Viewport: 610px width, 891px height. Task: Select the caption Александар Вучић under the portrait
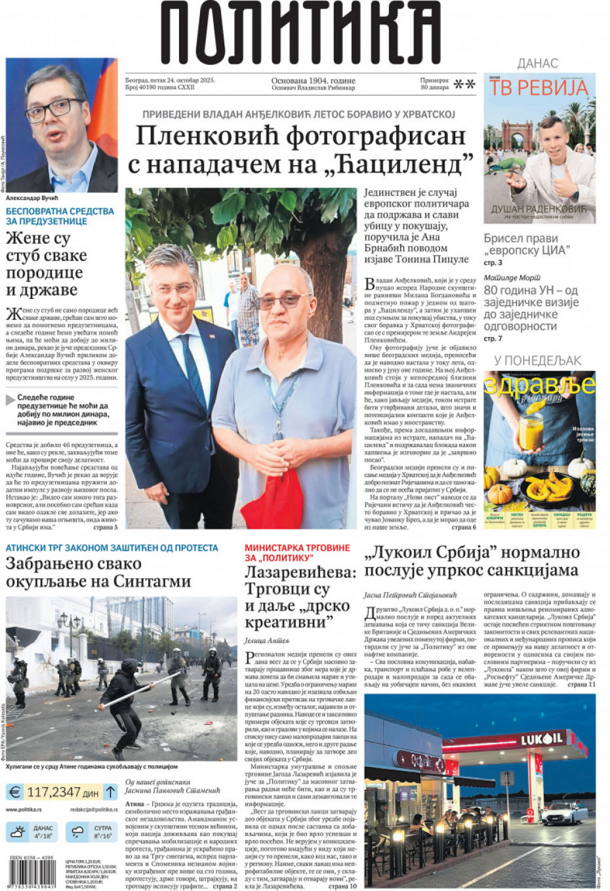[x=32, y=198]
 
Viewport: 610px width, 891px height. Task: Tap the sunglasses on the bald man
[x=283, y=301]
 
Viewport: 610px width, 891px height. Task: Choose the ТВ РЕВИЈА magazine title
[x=539, y=88]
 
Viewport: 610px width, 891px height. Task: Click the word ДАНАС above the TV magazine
[x=537, y=64]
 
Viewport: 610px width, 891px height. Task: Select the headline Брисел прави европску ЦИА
[x=527, y=244]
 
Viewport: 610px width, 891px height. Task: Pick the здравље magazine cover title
[x=539, y=385]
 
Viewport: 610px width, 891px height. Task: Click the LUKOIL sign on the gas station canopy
[x=541, y=739]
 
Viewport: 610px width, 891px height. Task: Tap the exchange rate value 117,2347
[x=54, y=792]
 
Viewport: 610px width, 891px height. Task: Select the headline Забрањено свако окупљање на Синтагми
[x=98, y=572]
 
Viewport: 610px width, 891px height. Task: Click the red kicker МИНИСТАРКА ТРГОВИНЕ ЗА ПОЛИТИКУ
[x=297, y=552]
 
